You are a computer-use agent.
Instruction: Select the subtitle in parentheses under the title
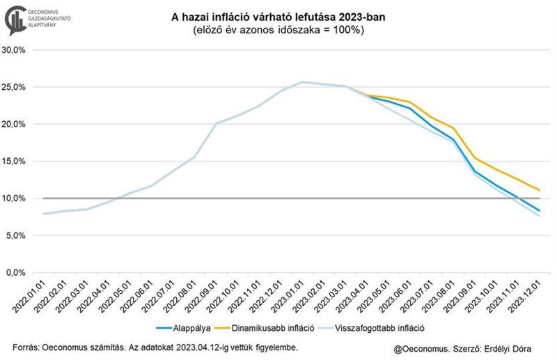pyautogui.click(x=278, y=31)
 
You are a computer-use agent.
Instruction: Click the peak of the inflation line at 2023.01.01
pyautogui.click(x=301, y=82)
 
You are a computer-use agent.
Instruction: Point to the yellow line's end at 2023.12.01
pyautogui.click(x=538, y=190)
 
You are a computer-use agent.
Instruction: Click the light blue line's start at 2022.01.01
pyautogui.click(x=43, y=214)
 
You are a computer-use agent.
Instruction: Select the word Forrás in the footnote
pyautogui.click(x=25, y=347)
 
